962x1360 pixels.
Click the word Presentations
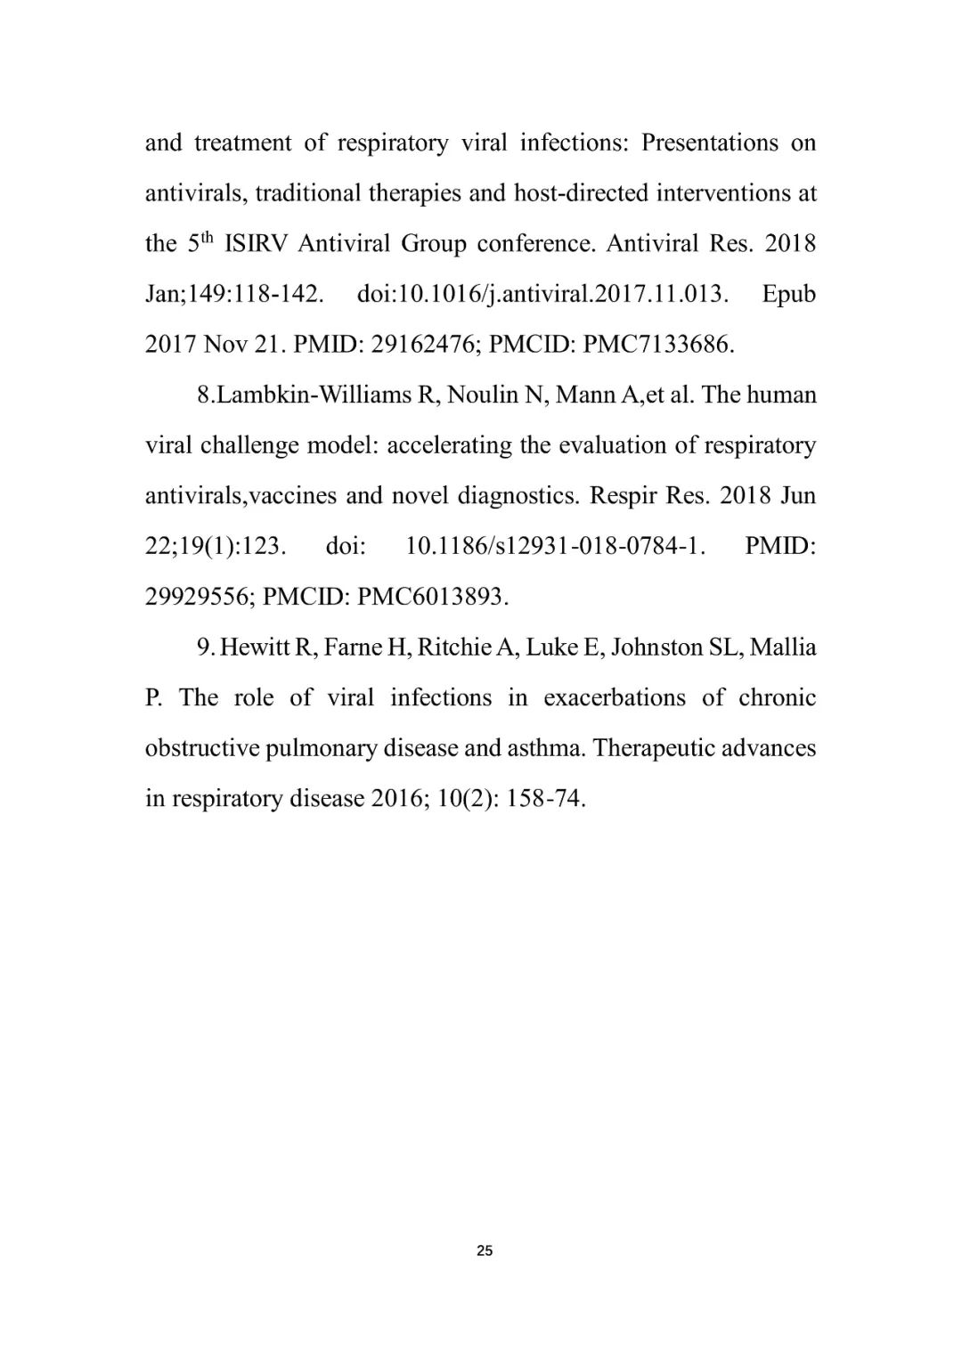pyautogui.click(x=710, y=143)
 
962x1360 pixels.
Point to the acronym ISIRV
pyautogui.click(x=257, y=244)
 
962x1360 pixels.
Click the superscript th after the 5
pyautogui.click(x=208, y=238)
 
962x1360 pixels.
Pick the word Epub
pyautogui.click(x=788, y=294)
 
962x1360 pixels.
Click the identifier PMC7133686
pyautogui.click(x=658, y=345)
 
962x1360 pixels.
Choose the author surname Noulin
pyautogui.click(x=485, y=395)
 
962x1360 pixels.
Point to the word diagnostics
pyautogui.click(x=518, y=496)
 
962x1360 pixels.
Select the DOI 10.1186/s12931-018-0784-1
pyautogui.click(x=555, y=546)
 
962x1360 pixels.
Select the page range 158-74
pyautogui.click(x=545, y=799)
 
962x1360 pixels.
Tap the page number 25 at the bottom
pyautogui.click(x=485, y=1250)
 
